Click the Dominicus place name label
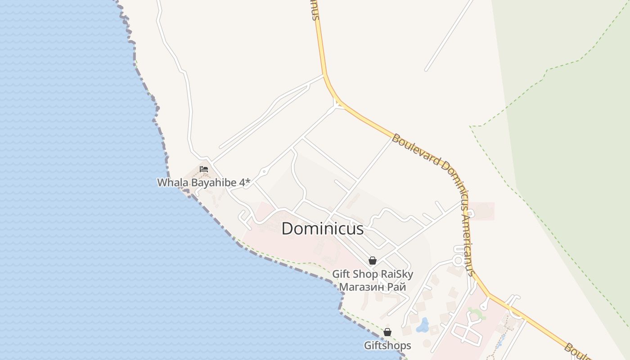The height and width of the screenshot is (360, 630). (322, 229)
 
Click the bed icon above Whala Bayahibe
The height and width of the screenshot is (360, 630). (204, 170)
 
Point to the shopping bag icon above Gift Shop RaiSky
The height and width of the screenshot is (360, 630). (372, 261)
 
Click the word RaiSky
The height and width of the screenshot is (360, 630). (397, 274)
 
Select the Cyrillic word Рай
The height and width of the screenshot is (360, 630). (398, 287)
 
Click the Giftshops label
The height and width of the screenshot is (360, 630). (387, 346)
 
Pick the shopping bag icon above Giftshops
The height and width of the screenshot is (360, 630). (387, 333)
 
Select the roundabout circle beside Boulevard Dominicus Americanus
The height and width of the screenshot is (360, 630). (458, 260)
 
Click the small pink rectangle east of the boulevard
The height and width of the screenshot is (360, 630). (483, 211)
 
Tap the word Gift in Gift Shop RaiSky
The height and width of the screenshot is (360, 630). (340, 274)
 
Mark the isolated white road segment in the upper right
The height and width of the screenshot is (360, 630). (449, 36)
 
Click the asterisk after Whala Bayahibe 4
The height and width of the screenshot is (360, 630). (247, 181)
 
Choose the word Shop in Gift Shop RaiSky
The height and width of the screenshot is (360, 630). (364, 274)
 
